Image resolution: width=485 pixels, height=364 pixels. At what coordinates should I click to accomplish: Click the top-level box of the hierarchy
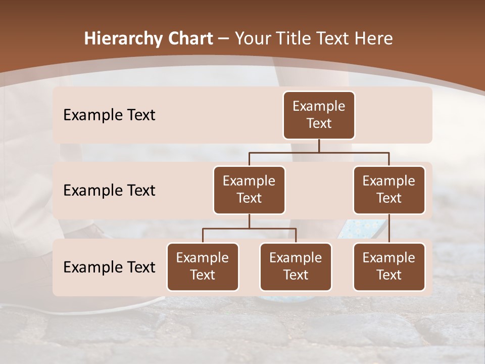click(x=319, y=115)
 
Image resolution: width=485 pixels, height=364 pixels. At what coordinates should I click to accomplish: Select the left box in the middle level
click(x=249, y=190)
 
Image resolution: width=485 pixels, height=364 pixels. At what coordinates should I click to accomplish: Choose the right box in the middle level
click(x=389, y=190)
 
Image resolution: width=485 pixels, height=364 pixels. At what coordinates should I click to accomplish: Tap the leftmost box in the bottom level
click(x=203, y=267)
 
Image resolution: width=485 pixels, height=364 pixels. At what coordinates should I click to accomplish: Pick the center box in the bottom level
click(x=296, y=267)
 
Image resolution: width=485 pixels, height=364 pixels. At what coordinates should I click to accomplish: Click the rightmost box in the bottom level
click(x=389, y=267)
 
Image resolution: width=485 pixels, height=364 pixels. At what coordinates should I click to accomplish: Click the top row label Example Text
click(x=109, y=115)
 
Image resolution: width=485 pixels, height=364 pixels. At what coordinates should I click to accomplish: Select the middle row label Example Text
click(x=109, y=191)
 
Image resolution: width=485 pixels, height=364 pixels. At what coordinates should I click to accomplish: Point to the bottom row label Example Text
click(x=109, y=267)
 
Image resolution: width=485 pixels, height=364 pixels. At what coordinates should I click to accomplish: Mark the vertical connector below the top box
click(x=319, y=146)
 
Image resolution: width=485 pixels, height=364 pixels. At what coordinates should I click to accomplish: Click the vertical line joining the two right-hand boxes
click(x=389, y=229)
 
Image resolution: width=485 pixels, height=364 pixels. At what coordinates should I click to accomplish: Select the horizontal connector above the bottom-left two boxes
click(x=249, y=229)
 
